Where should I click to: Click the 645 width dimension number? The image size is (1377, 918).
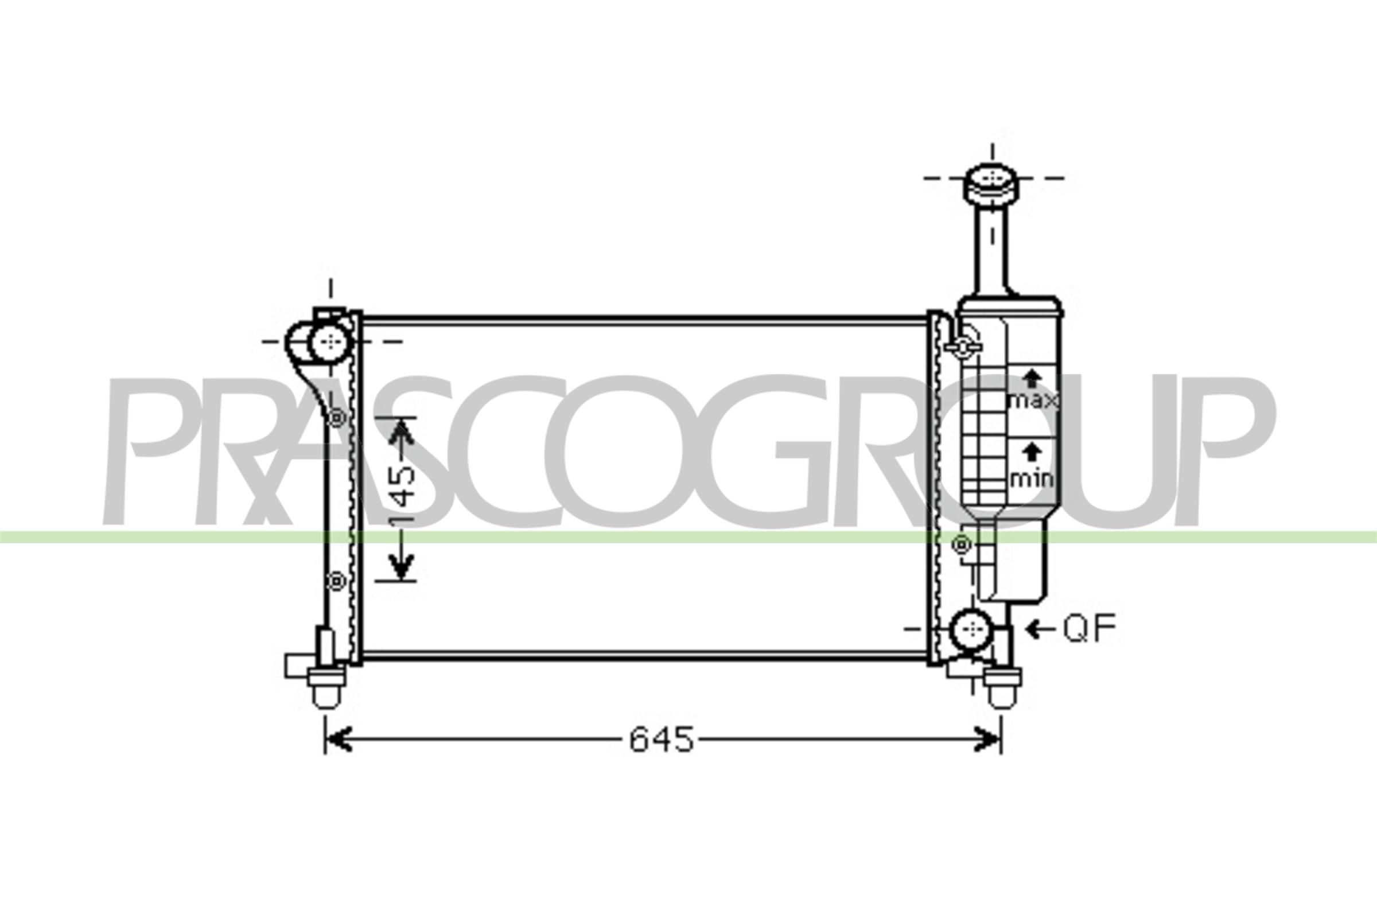(x=662, y=740)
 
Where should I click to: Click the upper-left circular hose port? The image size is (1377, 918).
(x=331, y=341)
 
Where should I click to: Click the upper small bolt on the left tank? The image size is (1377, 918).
(x=337, y=418)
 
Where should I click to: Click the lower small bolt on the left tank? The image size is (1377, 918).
(x=337, y=581)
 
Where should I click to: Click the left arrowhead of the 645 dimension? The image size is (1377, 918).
(x=338, y=740)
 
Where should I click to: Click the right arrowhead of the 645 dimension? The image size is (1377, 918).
(x=989, y=740)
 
